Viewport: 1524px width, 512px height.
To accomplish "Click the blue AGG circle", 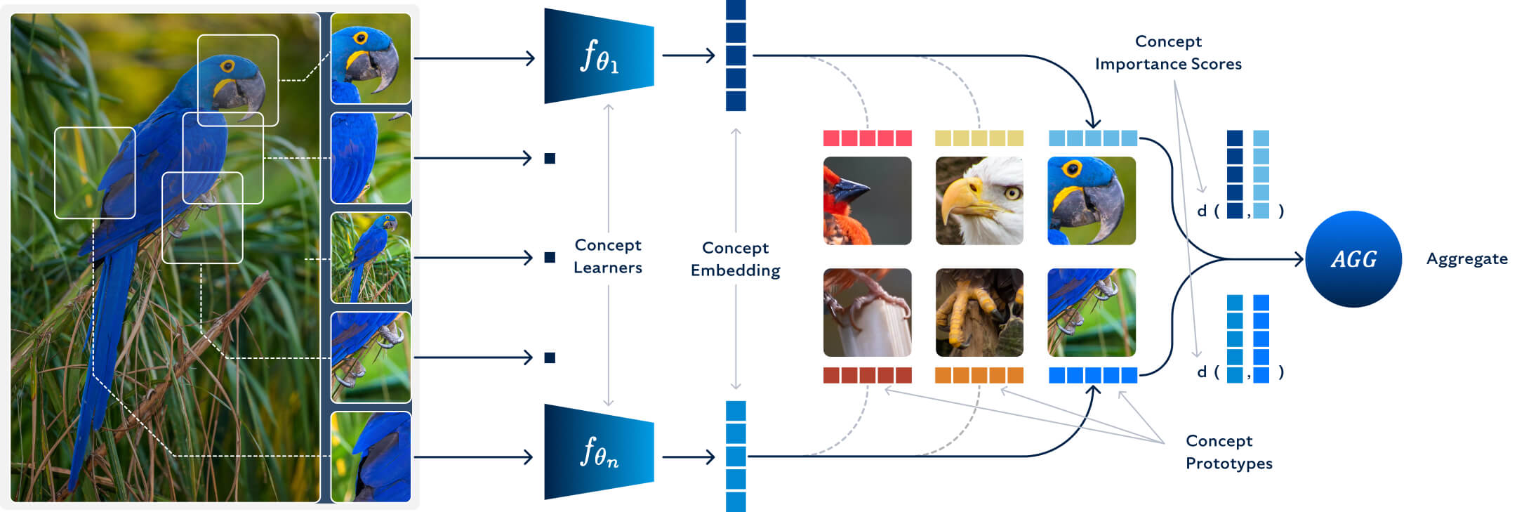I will pyautogui.click(x=1353, y=259).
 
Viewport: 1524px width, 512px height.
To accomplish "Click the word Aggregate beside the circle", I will pyautogui.click(x=1466, y=259).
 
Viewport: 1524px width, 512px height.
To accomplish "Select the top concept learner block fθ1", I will pyautogui.click(x=598, y=56).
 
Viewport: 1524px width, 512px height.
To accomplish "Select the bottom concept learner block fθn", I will pyautogui.click(x=598, y=452).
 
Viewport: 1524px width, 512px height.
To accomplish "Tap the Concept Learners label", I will pyautogui.click(x=608, y=256).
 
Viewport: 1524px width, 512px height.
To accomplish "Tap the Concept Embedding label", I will pyautogui.click(x=735, y=259).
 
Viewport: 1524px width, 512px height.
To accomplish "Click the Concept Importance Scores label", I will pyautogui.click(x=1168, y=53).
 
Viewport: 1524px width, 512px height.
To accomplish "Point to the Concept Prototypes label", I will pyautogui.click(x=1228, y=452).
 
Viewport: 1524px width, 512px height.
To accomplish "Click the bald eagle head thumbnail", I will pyautogui.click(x=979, y=201).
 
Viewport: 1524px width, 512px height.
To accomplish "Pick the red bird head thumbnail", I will pyautogui.click(x=867, y=201).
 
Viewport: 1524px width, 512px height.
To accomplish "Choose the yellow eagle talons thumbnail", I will pyautogui.click(x=979, y=313).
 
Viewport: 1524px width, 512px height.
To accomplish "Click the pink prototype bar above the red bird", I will pyautogui.click(x=867, y=138).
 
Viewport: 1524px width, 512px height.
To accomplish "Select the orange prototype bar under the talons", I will pyautogui.click(x=979, y=375).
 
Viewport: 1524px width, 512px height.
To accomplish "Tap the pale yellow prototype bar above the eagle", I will pyautogui.click(x=979, y=138).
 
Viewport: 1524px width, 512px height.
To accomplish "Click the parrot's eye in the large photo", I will pyautogui.click(x=227, y=67).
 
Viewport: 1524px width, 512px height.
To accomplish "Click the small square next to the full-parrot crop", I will pyautogui.click(x=550, y=258).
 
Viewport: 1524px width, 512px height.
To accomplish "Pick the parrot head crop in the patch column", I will pyautogui.click(x=371, y=58).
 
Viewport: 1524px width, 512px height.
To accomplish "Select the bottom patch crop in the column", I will pyautogui.click(x=371, y=457).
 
